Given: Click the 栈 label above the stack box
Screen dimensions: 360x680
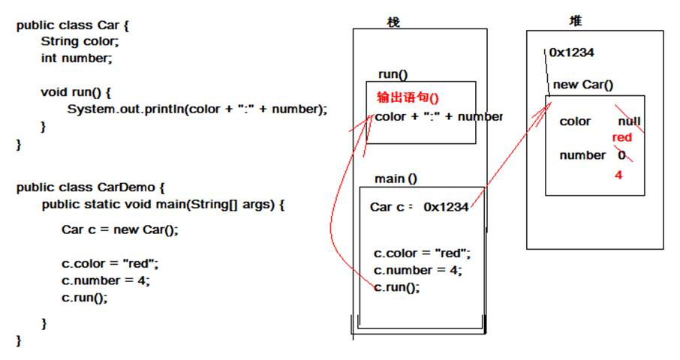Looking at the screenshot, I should click(393, 22).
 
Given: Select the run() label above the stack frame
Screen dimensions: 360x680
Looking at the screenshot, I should click(393, 73).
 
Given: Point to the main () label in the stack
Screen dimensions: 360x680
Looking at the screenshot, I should click(396, 178).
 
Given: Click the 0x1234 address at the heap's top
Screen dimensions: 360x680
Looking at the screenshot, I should click(572, 52).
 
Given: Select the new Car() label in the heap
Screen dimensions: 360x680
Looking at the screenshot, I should click(582, 85).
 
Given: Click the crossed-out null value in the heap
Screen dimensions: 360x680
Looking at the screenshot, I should click(629, 121).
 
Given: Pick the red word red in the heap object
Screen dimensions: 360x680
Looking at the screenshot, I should click(622, 137).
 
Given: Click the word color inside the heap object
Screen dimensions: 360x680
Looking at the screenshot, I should click(575, 121).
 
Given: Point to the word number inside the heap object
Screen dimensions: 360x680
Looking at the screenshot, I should click(582, 155).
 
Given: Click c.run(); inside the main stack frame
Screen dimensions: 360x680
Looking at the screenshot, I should click(397, 287).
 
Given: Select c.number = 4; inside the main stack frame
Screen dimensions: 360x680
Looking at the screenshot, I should click(417, 270).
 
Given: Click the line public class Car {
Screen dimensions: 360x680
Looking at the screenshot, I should click(73, 25).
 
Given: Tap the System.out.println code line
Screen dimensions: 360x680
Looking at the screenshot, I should click(197, 109).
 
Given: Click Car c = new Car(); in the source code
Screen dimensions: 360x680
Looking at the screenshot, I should click(120, 230).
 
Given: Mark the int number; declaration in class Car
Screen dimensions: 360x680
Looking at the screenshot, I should click(77, 57).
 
